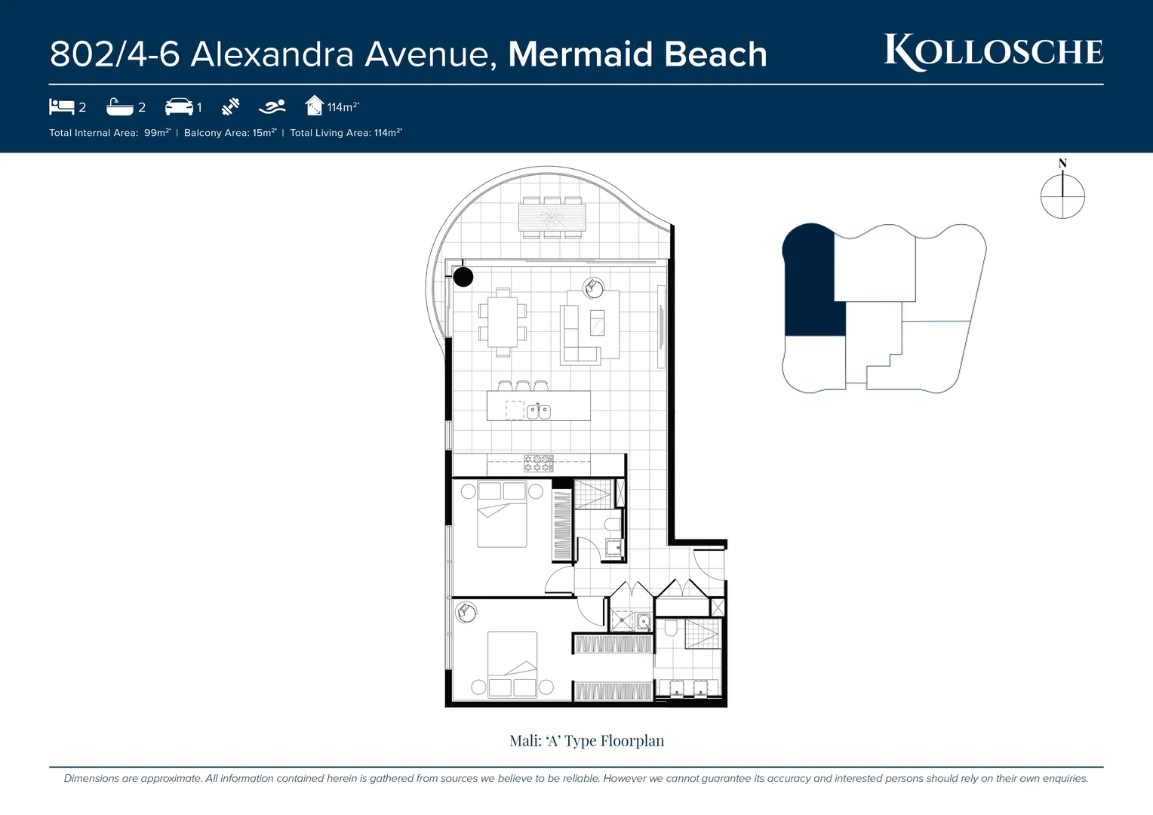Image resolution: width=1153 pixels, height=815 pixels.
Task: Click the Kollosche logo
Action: (x=993, y=52)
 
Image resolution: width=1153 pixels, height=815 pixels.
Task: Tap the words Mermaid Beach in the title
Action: (x=638, y=54)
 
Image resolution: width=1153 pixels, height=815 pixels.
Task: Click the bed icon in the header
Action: (x=61, y=106)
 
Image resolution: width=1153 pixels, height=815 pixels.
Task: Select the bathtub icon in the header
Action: (x=120, y=107)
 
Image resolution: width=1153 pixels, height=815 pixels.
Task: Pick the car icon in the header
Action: (x=179, y=107)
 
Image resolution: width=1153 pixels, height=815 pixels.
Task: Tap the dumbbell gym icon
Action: (x=230, y=107)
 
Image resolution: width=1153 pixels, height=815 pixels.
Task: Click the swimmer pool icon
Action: (x=272, y=107)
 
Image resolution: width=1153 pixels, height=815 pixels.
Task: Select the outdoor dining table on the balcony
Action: (x=552, y=217)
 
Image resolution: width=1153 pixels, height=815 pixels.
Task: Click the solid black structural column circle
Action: (x=463, y=277)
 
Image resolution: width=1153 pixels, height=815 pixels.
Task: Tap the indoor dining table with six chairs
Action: (x=503, y=322)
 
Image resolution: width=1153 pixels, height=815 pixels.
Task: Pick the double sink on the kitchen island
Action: (x=538, y=411)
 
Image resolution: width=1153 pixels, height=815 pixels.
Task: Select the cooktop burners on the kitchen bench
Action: (x=539, y=463)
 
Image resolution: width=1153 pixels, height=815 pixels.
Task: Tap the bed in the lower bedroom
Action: (x=512, y=664)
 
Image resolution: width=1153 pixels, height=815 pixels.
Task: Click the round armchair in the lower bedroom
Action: (x=466, y=611)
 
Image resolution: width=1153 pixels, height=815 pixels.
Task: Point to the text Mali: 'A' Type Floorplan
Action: (x=586, y=741)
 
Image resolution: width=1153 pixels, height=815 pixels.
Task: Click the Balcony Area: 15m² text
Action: (x=230, y=133)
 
